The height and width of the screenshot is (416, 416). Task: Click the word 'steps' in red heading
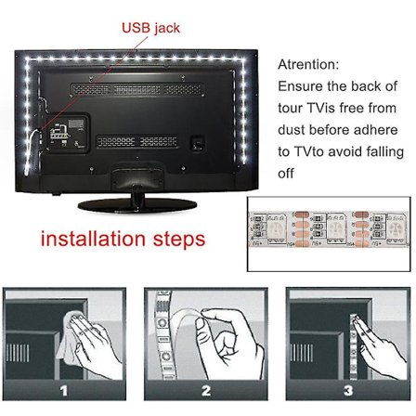(x=174, y=240)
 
